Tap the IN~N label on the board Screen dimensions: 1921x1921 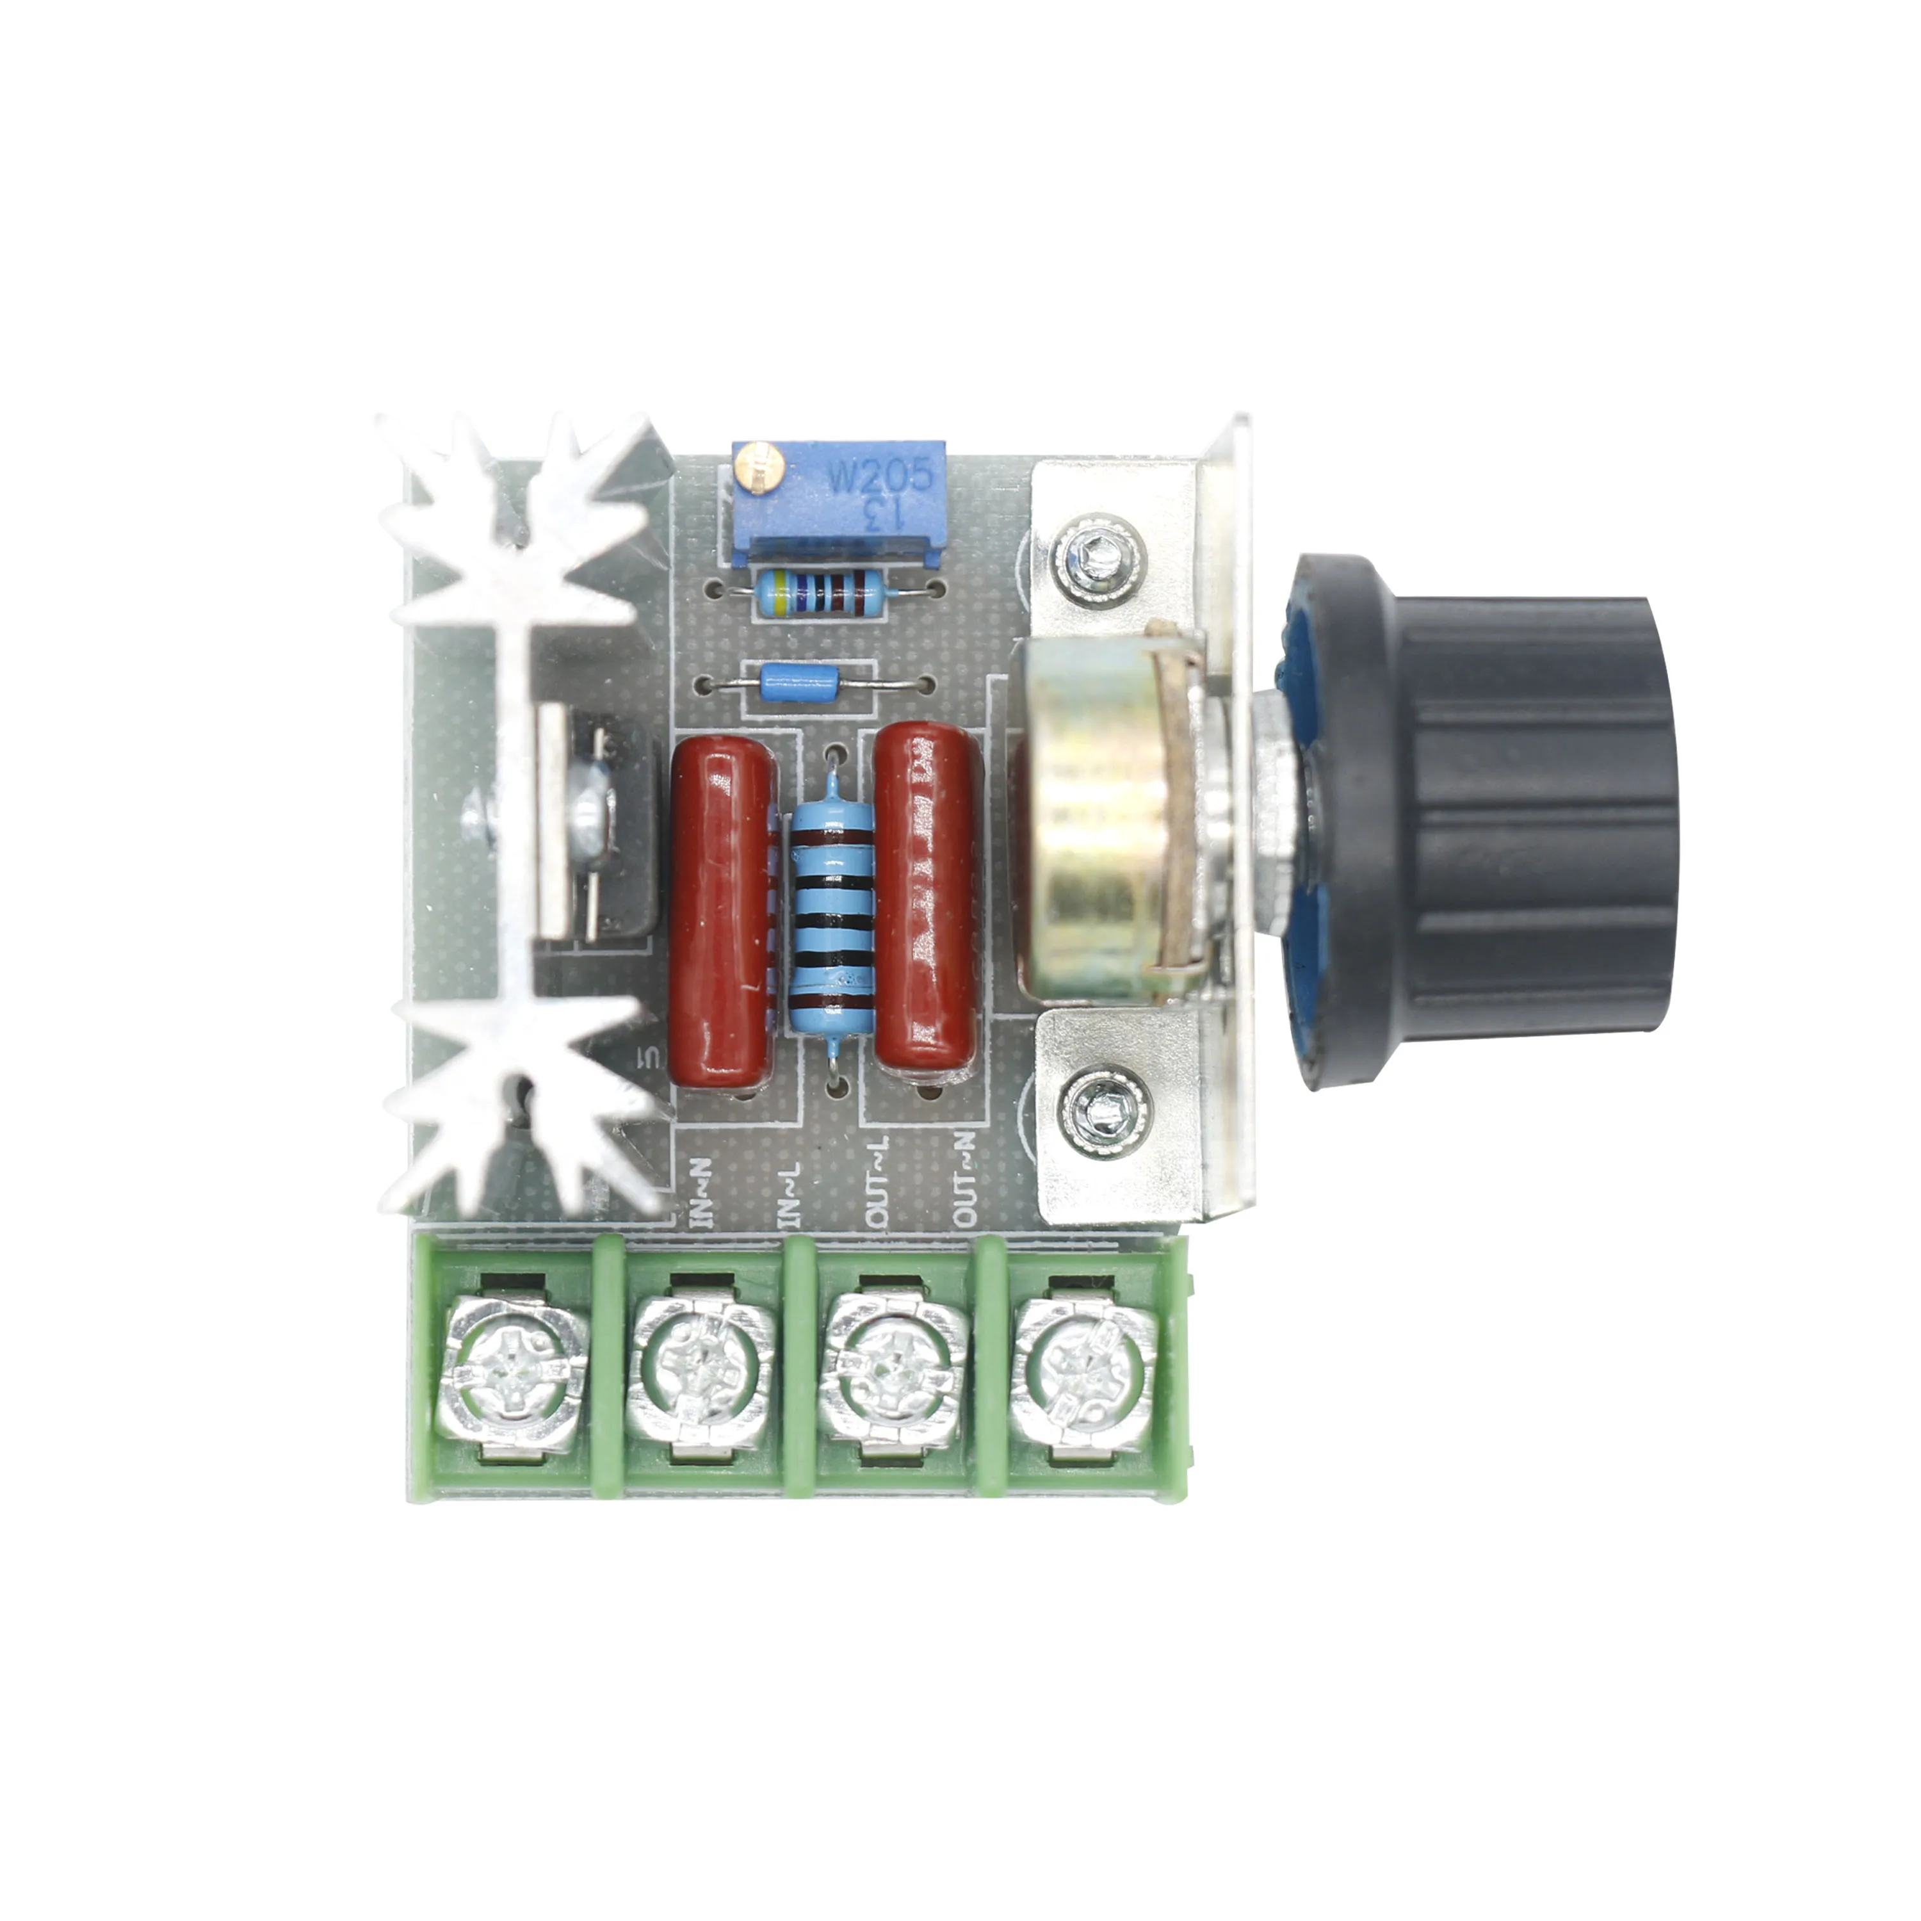click(701, 1193)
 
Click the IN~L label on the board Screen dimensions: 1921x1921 click(788, 1193)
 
